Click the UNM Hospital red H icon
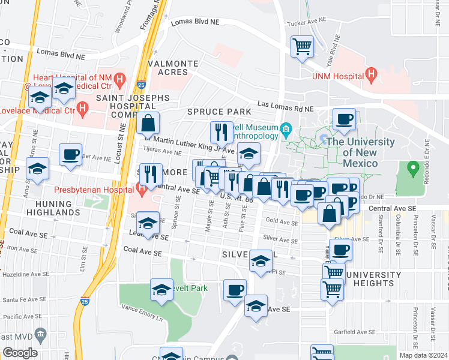click(372, 76)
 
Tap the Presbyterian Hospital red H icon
click(142, 192)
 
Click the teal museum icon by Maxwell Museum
click(286, 128)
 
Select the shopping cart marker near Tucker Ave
click(303, 46)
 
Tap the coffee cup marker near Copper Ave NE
click(71, 154)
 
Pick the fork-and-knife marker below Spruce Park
click(221, 132)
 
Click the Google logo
click(19, 353)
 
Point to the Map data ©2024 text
click(424, 355)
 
